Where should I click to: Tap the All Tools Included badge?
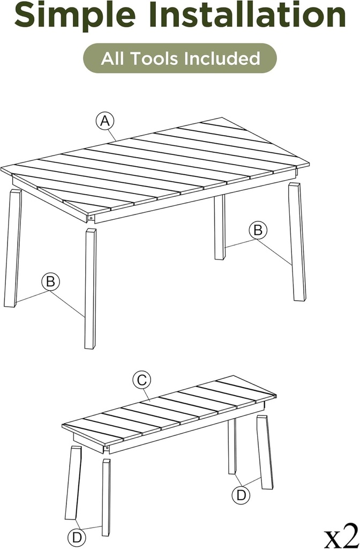(180, 58)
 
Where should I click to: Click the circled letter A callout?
(106, 121)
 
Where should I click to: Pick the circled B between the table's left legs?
(51, 281)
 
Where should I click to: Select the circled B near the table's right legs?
(258, 230)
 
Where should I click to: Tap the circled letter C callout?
(142, 380)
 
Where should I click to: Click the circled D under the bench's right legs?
(241, 494)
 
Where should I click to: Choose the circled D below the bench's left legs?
(77, 537)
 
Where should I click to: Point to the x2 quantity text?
(341, 535)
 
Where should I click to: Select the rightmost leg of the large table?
(297, 241)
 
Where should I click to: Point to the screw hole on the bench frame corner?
(107, 447)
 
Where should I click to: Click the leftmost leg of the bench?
(73, 483)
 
